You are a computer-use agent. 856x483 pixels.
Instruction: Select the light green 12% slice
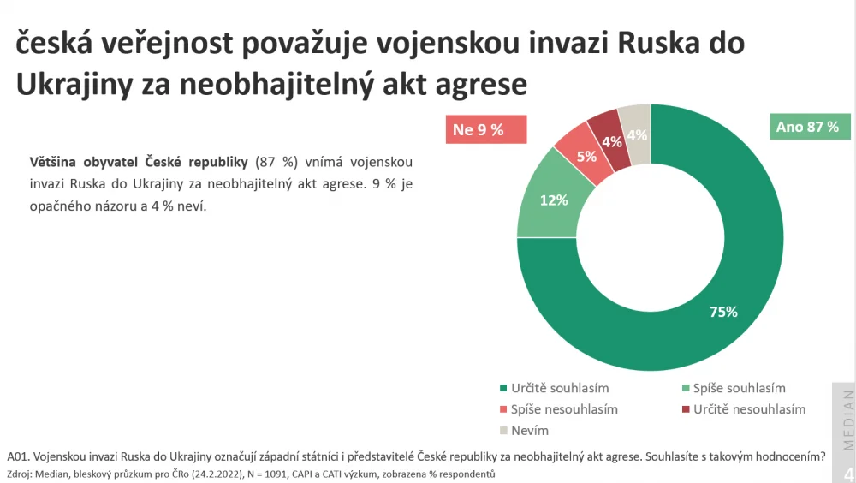[553, 200]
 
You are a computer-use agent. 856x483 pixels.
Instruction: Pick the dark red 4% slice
[611, 141]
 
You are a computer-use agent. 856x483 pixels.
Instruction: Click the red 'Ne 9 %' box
[486, 129]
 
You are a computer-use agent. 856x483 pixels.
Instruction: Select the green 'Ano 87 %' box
[810, 127]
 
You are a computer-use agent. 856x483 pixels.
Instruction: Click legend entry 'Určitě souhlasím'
[554, 388]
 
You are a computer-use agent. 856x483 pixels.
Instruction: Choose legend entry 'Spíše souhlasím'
[734, 388]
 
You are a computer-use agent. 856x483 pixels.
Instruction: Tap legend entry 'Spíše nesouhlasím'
[558, 409]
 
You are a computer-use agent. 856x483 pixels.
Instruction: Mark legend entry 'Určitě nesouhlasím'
[744, 409]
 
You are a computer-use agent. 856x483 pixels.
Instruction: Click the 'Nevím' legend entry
[524, 431]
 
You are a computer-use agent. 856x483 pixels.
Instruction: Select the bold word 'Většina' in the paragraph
[52, 162]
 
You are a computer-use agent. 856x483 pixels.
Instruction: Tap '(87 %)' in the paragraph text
[276, 162]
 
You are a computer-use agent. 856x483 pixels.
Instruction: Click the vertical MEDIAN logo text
[847, 420]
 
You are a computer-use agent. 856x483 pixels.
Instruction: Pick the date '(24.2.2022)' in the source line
[217, 474]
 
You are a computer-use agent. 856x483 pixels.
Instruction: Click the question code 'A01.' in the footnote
[18, 456]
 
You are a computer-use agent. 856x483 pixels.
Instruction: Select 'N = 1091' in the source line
[266, 474]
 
